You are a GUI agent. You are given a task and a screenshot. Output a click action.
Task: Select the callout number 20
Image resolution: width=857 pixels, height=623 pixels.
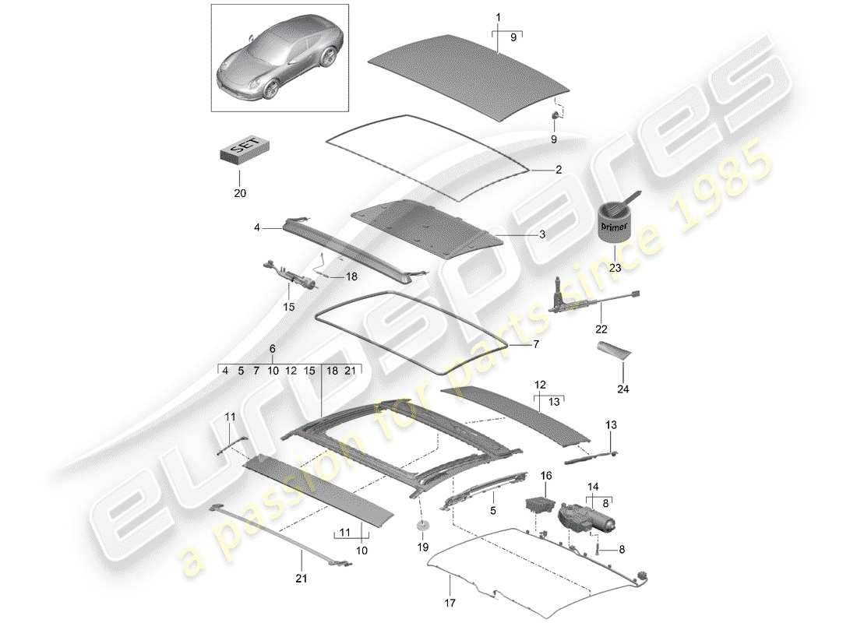[x=240, y=192]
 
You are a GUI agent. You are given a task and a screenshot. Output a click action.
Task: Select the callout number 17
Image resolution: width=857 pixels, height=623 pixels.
[x=450, y=602]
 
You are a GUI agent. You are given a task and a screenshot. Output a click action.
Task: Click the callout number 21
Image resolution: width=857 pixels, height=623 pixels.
[x=302, y=578]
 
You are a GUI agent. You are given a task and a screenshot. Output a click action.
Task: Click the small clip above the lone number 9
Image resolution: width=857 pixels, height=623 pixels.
[x=555, y=116]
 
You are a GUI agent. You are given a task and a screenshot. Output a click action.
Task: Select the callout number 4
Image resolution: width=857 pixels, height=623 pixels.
[x=256, y=228]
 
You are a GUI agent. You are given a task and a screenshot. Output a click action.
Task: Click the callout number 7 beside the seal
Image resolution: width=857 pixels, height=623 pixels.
[x=534, y=343]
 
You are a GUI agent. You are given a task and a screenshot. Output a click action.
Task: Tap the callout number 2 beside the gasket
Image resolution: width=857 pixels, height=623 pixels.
[x=536, y=168]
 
